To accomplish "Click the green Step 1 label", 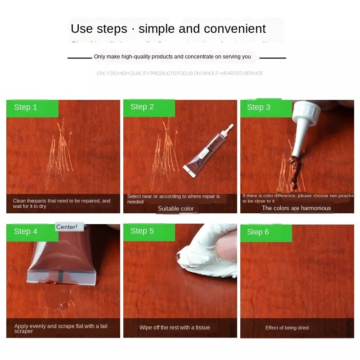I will pos(32,108).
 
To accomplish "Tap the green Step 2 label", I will pos(148,108).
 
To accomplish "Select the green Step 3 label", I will pos(265,108).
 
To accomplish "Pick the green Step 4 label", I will pos(32,232).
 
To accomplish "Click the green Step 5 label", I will pos(148,231).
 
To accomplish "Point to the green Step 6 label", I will pos(265,233).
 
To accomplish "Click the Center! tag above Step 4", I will pos(67,227).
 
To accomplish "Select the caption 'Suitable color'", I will pos(175,209).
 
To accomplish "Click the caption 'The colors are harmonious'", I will pos(296,208).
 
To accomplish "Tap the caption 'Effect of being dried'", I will pos(287,328).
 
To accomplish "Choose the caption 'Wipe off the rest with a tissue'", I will pos(175,328).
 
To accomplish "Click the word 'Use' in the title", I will pos(81,29).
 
